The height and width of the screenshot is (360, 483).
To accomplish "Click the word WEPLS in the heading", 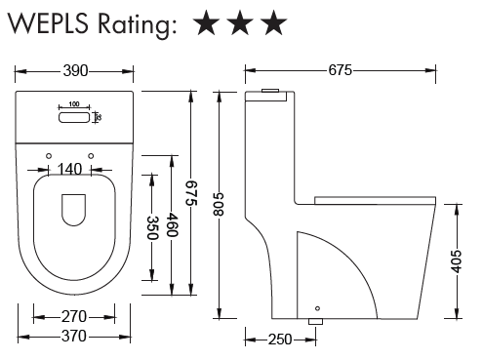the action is [x=48, y=23].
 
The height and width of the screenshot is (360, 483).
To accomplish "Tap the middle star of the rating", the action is [x=240, y=22].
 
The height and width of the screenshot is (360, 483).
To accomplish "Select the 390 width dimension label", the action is [x=75, y=70].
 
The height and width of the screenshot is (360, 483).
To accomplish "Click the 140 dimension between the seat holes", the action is [x=69, y=169].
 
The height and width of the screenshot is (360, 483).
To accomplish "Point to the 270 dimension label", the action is [x=74, y=316].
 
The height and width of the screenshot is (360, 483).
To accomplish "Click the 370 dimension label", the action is [x=74, y=336].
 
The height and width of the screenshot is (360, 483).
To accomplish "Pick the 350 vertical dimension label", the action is [x=152, y=227].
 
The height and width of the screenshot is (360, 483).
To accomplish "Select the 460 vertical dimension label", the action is [x=172, y=225].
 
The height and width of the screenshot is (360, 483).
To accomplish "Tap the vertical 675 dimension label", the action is [x=191, y=193].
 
